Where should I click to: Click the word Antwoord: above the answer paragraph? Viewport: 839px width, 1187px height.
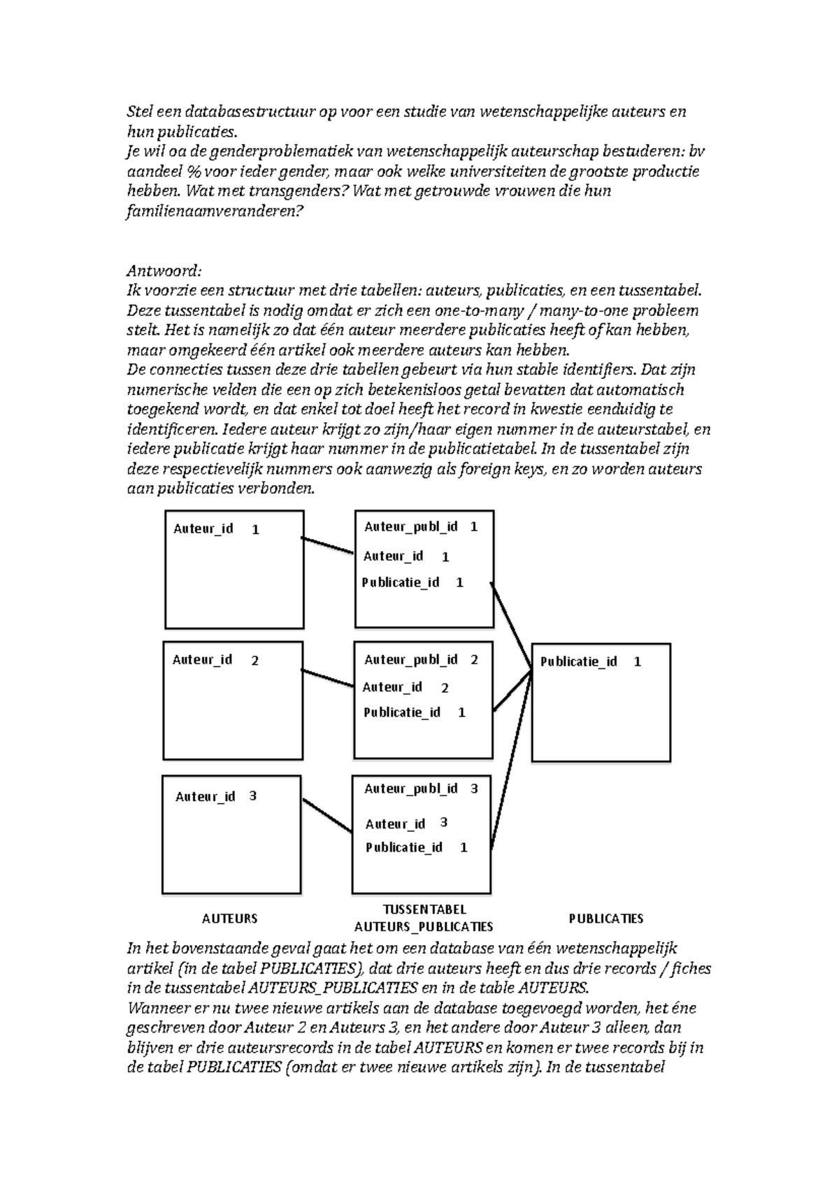coord(164,271)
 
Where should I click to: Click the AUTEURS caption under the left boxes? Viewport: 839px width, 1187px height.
coord(229,919)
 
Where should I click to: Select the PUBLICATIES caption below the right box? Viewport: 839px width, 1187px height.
coord(605,919)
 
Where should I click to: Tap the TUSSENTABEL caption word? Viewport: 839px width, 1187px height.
coord(424,909)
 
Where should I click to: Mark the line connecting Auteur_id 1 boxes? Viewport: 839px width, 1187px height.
coord(328,545)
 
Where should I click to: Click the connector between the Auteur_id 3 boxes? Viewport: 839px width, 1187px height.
coord(327,815)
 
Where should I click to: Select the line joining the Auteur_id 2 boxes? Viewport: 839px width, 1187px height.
coord(327,677)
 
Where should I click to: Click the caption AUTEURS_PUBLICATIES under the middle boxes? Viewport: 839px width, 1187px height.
coord(424,927)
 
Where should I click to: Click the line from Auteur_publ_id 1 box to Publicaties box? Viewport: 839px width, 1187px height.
coord(510,621)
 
